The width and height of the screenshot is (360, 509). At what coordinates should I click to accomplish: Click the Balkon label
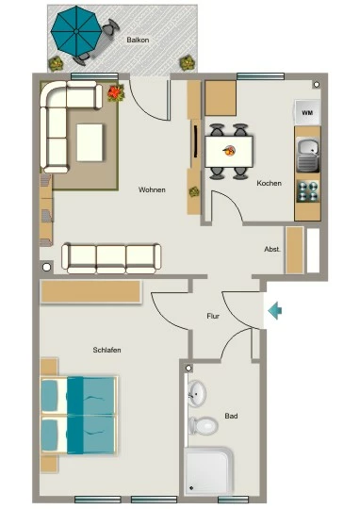(x=138, y=40)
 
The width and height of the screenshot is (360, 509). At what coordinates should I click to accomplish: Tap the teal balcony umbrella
(x=76, y=31)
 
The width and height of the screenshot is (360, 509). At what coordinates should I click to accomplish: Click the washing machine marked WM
(x=307, y=112)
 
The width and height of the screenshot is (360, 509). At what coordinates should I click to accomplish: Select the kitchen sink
(x=308, y=156)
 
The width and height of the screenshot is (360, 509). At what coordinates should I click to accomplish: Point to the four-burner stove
(x=308, y=190)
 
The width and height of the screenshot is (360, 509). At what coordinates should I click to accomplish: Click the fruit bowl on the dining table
(x=230, y=150)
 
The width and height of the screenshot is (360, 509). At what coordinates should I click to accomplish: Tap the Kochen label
(x=270, y=183)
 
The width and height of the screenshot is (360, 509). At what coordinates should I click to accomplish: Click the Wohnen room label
(x=152, y=189)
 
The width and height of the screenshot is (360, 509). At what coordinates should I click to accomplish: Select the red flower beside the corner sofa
(x=116, y=92)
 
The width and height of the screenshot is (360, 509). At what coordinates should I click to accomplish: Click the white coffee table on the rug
(x=90, y=143)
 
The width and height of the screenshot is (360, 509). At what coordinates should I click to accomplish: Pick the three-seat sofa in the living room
(x=111, y=258)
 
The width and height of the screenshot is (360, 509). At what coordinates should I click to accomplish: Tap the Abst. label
(x=272, y=249)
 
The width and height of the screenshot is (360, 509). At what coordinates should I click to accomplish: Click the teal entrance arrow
(x=275, y=311)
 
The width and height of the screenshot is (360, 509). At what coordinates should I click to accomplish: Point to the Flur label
(x=213, y=316)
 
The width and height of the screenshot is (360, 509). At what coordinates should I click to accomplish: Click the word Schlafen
(x=106, y=350)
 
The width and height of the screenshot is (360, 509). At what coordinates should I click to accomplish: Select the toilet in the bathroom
(x=204, y=425)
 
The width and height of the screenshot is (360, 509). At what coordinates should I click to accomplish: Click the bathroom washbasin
(x=197, y=393)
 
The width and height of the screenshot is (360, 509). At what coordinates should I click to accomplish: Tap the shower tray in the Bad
(x=208, y=470)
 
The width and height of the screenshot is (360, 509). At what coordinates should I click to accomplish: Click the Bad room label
(x=231, y=416)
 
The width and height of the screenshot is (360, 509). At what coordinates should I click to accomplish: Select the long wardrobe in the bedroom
(x=90, y=292)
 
